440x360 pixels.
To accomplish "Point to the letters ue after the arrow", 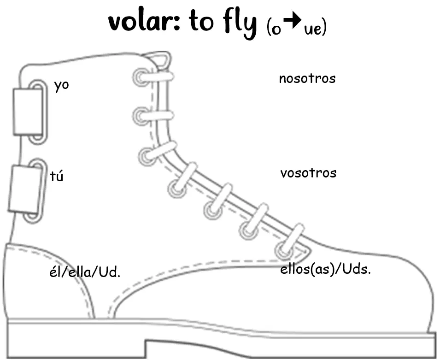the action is point(313,29).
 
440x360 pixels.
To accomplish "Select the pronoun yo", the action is point(61,85).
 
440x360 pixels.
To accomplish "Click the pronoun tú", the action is point(56,176).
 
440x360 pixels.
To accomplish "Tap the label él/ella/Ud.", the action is point(85,272).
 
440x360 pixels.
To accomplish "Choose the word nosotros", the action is point(307,78).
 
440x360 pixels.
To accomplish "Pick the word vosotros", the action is point(308,173).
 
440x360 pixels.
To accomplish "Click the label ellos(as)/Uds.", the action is point(326,269).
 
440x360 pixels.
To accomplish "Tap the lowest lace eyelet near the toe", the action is point(283,250).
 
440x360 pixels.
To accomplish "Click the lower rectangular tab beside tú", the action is point(25,189).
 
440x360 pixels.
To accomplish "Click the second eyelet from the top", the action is point(140,116).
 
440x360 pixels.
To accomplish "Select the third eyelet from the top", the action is point(147,156).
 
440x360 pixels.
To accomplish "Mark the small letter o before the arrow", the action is point(276,30).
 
